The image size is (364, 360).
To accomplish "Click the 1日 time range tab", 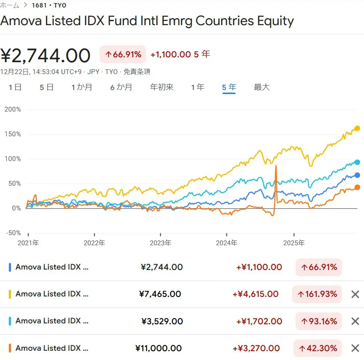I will coord(15,87).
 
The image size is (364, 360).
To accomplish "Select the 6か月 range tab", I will coord(121,87).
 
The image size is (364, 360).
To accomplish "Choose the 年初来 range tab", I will coord(162,87).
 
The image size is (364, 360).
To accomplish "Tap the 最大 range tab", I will coord(262,87).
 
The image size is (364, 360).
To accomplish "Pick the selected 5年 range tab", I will coord(229,87).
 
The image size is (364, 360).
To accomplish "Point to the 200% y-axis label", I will coord(12,109).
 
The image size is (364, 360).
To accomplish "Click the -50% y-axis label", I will coord(12,233).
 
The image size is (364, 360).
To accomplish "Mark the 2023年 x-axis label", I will coord(161,243).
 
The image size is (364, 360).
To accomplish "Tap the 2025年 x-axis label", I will coord(294,243).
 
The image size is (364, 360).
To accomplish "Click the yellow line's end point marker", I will coord(357,128).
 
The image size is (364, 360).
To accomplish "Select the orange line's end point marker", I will coord(357,187).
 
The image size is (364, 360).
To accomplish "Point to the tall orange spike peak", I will coord(276,166).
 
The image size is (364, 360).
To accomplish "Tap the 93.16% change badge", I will coord(319,321).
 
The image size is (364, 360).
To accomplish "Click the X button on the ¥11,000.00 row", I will coord(355,348).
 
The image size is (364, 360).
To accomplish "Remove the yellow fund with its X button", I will coord(355,294).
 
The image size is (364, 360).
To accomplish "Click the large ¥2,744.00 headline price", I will coord(45,56).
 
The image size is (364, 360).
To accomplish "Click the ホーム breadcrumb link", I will coord(10,5).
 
